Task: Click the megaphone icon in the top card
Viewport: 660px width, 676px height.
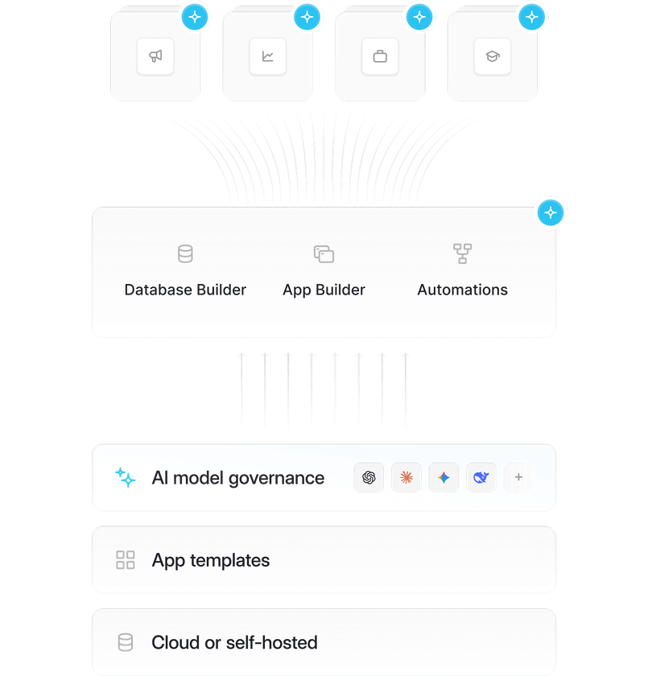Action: [x=155, y=56]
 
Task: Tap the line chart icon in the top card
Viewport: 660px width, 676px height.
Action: [x=267, y=56]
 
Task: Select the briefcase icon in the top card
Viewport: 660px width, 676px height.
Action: [x=380, y=56]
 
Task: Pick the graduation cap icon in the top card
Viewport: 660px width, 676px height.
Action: [x=492, y=56]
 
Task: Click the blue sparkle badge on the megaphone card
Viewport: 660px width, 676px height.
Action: [x=194, y=16]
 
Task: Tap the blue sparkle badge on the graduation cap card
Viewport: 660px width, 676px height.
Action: [x=530, y=16]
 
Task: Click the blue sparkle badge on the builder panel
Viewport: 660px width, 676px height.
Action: [x=551, y=213]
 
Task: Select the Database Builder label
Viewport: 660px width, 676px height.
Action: [x=185, y=290]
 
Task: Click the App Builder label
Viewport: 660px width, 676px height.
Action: [x=324, y=290]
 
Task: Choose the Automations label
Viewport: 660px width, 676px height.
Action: [x=462, y=290]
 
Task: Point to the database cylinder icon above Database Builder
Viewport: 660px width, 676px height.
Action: [x=185, y=254]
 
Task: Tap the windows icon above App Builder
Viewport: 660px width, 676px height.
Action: [x=324, y=254]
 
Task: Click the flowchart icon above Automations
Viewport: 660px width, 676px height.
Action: [x=462, y=254]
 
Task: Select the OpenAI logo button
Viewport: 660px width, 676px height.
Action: [x=369, y=478]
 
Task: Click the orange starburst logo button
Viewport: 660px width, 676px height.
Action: [x=406, y=478]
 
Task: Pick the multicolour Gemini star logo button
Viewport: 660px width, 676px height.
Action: [x=443, y=478]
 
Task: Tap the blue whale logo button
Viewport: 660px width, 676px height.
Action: [x=481, y=478]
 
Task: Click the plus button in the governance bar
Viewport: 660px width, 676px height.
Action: [x=518, y=478]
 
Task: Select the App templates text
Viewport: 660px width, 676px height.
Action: [x=211, y=560]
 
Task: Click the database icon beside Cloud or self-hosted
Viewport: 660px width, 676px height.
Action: [x=126, y=642]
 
